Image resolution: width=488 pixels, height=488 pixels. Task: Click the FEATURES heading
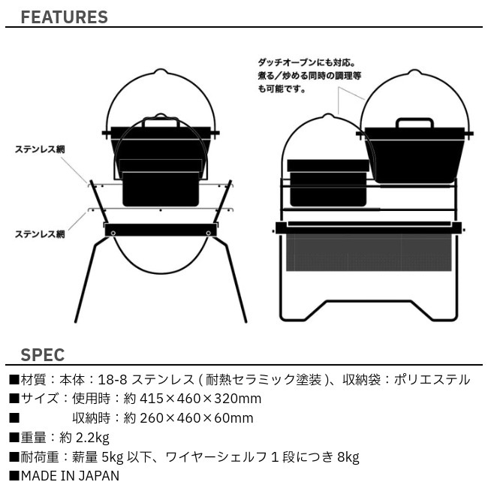[x=64, y=17]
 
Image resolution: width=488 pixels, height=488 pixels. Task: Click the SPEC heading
[x=43, y=355]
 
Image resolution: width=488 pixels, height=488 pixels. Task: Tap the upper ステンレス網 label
[x=40, y=149]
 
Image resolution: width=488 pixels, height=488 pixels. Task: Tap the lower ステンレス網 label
[x=40, y=234]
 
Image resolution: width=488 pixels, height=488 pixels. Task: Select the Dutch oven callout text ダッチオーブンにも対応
[x=306, y=62]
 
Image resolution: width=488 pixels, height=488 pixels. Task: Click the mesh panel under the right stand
[x=369, y=252]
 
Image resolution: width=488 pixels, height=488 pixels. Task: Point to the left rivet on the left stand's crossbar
[x=113, y=233]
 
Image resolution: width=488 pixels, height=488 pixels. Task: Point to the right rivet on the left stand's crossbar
[x=208, y=233]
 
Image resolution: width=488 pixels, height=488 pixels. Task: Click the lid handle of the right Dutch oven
[x=415, y=122]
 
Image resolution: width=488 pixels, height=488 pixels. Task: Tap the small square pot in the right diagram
[x=328, y=183]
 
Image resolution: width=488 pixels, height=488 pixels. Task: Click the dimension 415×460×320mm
[x=200, y=399]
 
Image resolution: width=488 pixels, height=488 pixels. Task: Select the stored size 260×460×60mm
[x=197, y=418]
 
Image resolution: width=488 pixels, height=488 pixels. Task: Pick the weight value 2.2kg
[x=93, y=438]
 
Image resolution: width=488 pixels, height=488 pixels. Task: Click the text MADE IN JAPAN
[x=70, y=476]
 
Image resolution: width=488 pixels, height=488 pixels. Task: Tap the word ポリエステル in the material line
[x=432, y=380]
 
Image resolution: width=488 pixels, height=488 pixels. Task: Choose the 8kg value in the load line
[x=348, y=457]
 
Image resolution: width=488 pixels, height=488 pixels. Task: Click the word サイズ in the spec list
[x=40, y=399]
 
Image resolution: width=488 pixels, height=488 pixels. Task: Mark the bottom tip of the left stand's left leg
[x=76, y=321]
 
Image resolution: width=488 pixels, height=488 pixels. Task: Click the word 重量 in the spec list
[x=33, y=438]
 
